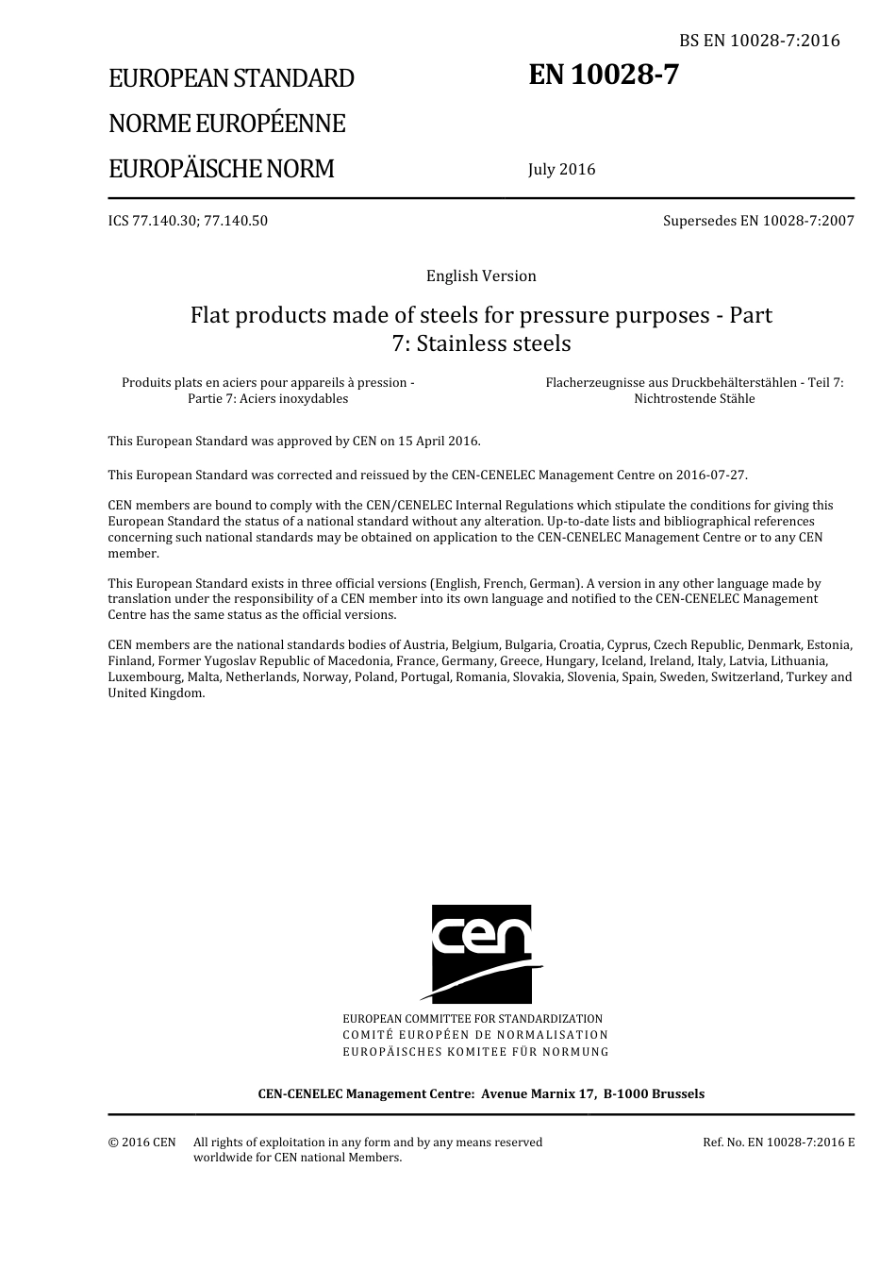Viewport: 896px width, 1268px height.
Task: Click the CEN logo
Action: (482, 954)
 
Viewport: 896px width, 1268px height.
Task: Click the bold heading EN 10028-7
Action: (603, 75)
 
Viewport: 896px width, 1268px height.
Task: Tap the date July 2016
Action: (561, 170)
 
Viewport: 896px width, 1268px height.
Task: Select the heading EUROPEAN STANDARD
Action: (231, 78)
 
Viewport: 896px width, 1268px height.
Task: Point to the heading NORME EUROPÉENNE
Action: (226, 124)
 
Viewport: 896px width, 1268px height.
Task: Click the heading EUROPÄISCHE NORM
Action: (221, 169)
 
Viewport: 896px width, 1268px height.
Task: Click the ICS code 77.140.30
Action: (175, 221)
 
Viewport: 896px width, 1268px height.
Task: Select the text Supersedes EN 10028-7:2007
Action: (758, 221)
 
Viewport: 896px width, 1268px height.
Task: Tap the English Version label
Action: (481, 275)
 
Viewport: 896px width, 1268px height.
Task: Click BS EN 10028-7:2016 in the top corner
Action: (759, 41)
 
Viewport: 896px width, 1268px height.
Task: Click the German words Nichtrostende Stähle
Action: (694, 398)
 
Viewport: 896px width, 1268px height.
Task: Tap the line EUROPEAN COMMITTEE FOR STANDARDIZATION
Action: (473, 1019)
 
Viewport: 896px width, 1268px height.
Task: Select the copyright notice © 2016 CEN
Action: (141, 1143)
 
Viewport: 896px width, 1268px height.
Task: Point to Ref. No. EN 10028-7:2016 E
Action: (779, 1143)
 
